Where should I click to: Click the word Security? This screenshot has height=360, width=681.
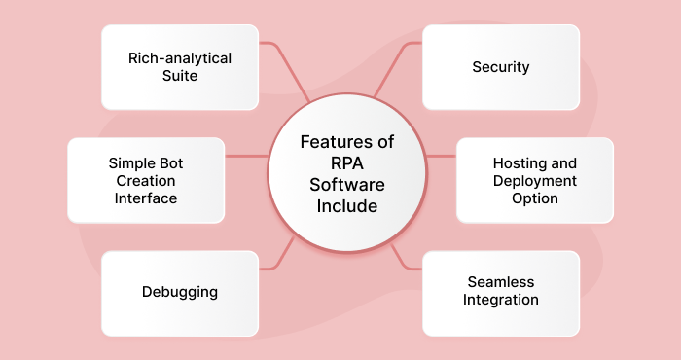point(500,67)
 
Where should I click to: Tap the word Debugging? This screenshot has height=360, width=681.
point(180,291)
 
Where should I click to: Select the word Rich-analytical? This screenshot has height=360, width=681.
point(180,58)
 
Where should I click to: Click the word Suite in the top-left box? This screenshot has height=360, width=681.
point(180,75)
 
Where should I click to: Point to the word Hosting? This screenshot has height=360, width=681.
point(507,164)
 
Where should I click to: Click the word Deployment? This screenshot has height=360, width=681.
point(534,181)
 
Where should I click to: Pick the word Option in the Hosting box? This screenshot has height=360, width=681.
point(534,198)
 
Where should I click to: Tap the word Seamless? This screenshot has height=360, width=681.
point(501,282)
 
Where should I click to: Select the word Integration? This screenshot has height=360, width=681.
point(501,299)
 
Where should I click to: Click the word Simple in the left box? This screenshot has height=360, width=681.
point(131,163)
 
